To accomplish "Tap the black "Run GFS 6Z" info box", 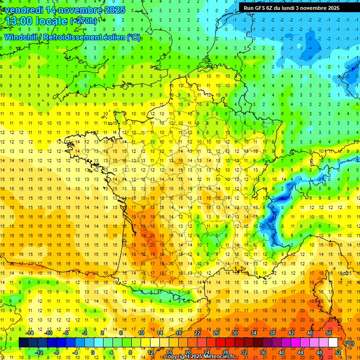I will (298, 7).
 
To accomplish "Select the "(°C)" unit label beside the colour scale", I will (349, 343).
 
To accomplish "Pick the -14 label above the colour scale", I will (30, 333).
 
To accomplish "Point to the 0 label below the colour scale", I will (92, 352).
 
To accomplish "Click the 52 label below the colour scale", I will (338, 352).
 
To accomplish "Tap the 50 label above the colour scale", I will (329, 333).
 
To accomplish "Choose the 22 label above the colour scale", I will (197, 333).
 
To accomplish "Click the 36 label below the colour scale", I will (263, 352).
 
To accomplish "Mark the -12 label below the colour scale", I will (39, 352).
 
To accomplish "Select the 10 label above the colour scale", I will (141, 333).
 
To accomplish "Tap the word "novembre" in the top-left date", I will (79, 10).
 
